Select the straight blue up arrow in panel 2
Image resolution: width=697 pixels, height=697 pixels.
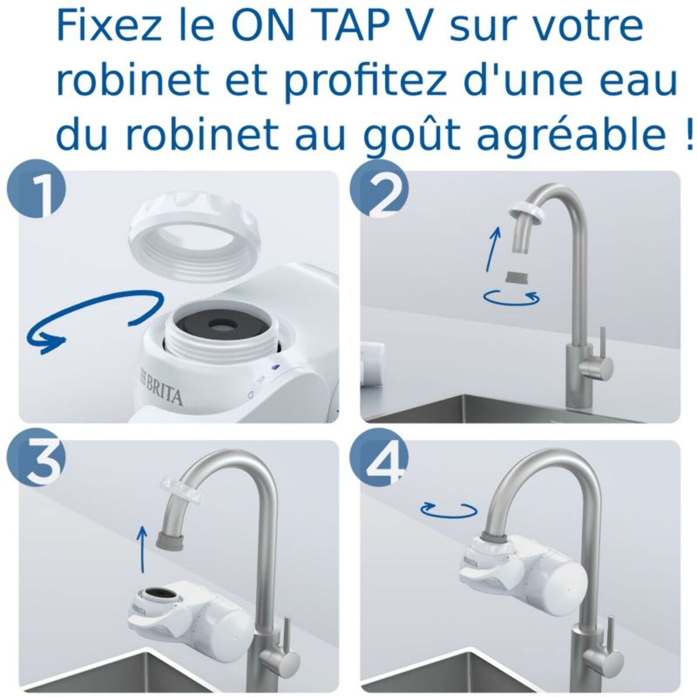[x=493, y=249]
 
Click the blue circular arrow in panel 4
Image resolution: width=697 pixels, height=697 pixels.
[x=449, y=509]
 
